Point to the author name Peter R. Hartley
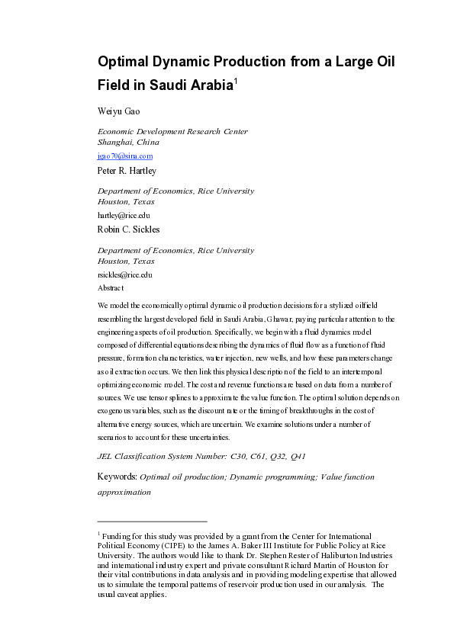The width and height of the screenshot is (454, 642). pyautogui.click(x=127, y=171)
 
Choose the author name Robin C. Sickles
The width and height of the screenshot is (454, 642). pyautogui.click(x=128, y=230)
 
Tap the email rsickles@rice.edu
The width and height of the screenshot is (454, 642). pyautogui.click(x=125, y=274)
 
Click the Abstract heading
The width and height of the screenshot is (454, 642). pyautogui.click(x=111, y=288)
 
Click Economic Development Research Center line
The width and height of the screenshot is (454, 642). pyautogui.click(x=172, y=132)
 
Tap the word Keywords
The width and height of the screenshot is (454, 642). pyautogui.click(x=118, y=477)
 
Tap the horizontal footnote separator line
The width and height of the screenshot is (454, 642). pyautogui.click(x=152, y=522)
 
